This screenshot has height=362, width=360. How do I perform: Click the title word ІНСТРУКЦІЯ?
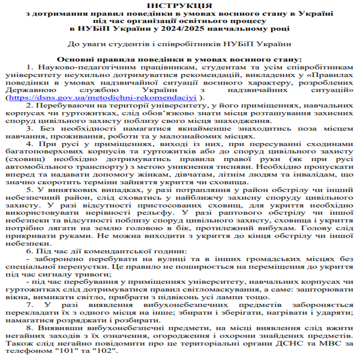180,5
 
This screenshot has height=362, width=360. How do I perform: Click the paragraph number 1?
29,67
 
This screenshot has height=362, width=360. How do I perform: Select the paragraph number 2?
29,105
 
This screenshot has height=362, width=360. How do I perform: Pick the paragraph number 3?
29,128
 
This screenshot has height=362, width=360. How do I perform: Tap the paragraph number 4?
29,144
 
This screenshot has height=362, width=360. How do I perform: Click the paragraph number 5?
29,190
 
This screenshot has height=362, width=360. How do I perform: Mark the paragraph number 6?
29,251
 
